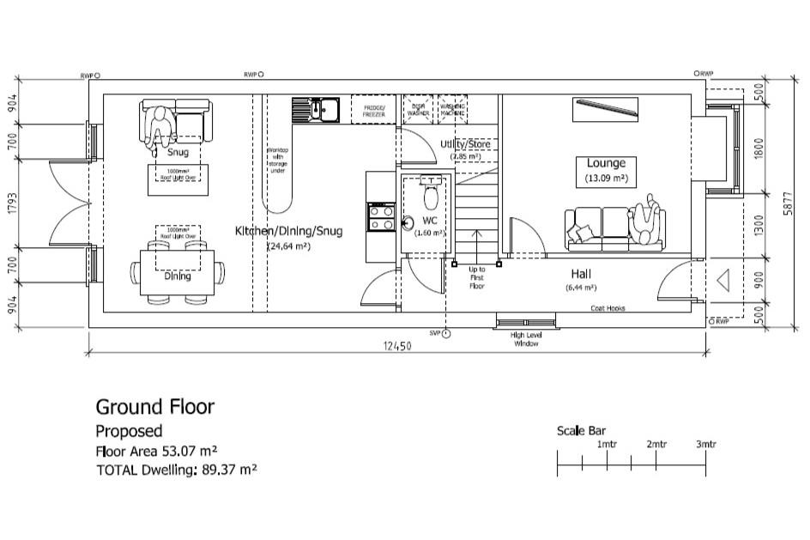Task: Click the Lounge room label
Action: click(606, 163)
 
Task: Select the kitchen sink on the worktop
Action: click(317, 110)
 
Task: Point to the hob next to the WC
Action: click(380, 217)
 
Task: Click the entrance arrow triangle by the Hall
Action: click(722, 280)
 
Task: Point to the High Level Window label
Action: click(525, 339)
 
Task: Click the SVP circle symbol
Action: click(445, 333)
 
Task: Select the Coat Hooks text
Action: click(607, 307)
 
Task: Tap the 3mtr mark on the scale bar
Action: click(705, 445)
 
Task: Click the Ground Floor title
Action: click(154, 406)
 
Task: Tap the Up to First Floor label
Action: click(477, 277)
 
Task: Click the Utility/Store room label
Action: click(465, 144)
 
